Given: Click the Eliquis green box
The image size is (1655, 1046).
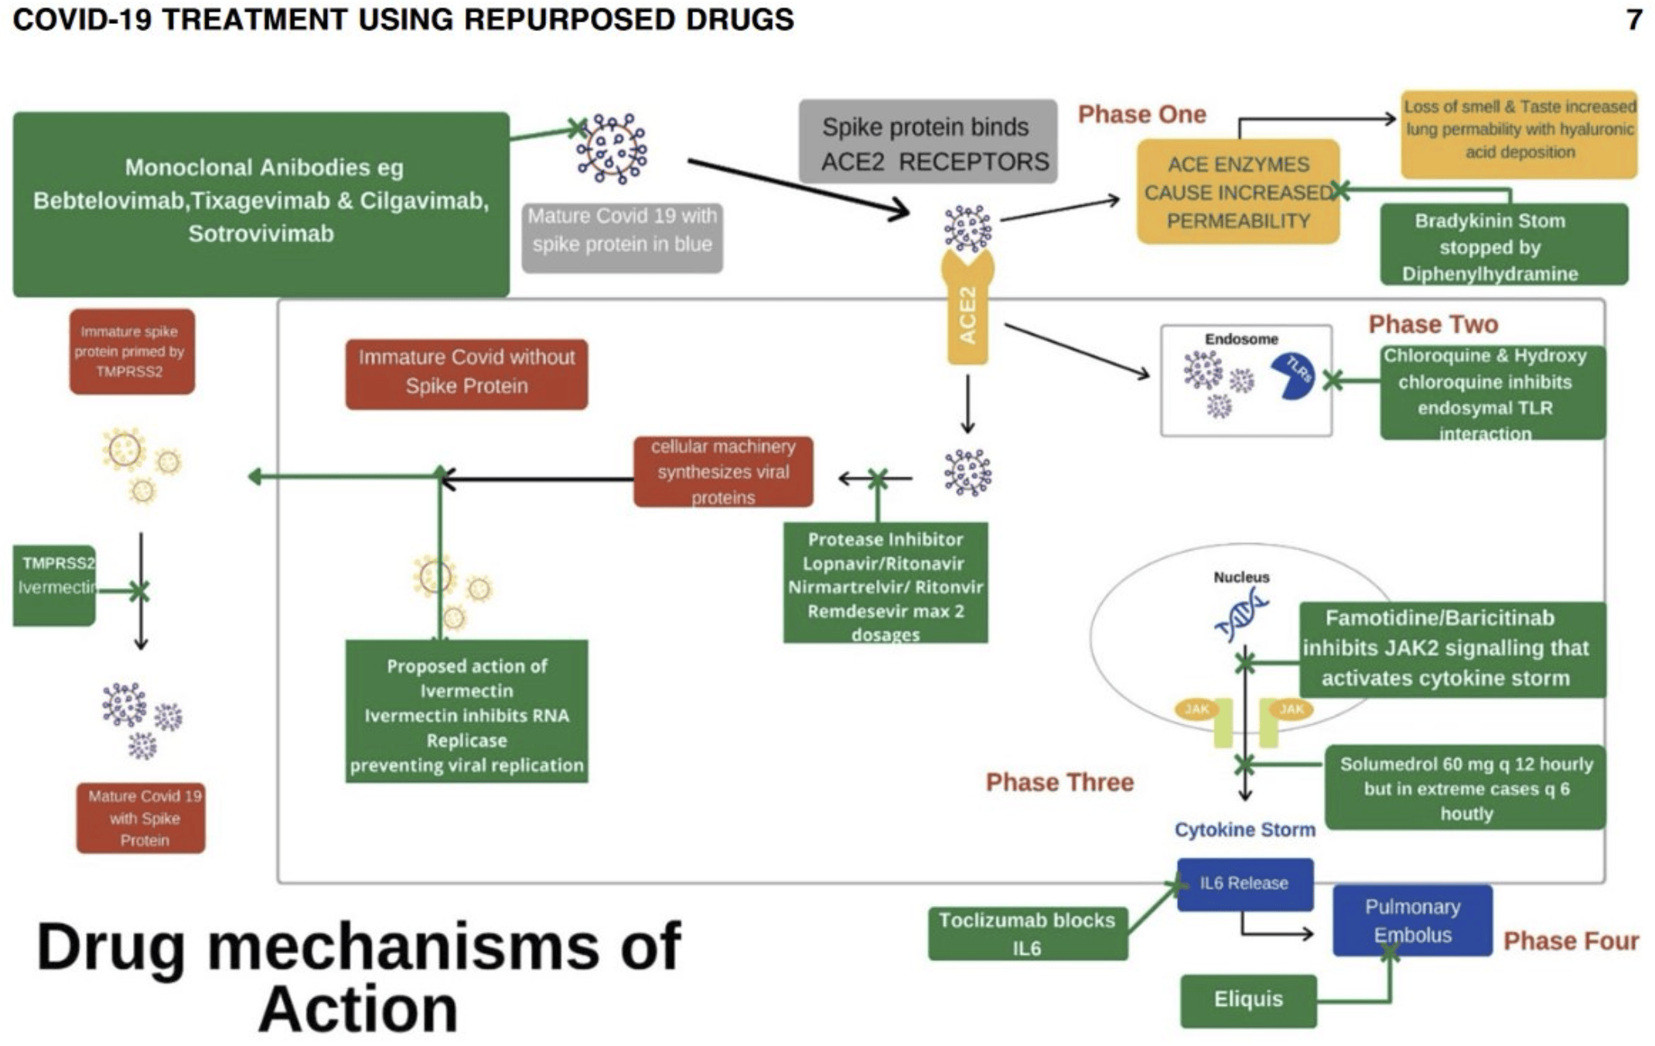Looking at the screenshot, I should tap(1247, 1000).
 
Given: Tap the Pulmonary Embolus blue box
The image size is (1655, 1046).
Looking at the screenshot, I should tap(1412, 921).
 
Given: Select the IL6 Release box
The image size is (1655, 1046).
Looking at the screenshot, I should tap(1244, 884).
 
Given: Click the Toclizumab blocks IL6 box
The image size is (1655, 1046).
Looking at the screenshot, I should tap(1027, 934).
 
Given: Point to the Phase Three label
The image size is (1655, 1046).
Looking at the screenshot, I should tap(1060, 782).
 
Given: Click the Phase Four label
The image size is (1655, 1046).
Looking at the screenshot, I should tap(1570, 941).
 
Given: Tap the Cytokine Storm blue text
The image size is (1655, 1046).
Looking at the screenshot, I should tap(1244, 829).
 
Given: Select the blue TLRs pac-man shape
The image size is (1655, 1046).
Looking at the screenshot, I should tap(1295, 377).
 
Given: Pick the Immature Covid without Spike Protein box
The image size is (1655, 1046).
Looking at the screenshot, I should tap(466, 373).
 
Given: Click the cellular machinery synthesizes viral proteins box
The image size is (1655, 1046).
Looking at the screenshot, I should tap(723, 471).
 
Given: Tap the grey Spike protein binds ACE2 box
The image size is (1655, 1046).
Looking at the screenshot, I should tap(927, 142).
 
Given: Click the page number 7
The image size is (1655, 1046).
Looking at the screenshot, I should tap(1633, 19).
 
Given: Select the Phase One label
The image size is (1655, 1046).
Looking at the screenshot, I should tap(1141, 115).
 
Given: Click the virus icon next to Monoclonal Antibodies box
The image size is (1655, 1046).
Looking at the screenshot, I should tap(613, 149).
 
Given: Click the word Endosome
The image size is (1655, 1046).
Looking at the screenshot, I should tap(1240, 339).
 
